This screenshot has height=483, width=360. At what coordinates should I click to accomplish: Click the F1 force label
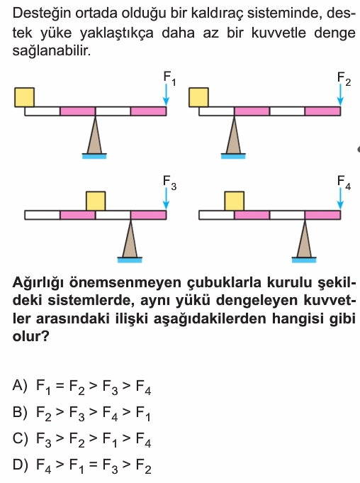pos(169,79)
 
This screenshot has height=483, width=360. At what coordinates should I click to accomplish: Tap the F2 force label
pos(344,79)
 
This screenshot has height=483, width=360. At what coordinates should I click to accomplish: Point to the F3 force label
pos(169,183)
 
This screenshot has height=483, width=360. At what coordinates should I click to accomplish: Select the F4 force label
pos(344,183)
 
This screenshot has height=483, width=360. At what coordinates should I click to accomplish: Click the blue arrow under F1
pos(166,95)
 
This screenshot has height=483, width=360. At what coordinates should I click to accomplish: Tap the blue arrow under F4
pos(340,199)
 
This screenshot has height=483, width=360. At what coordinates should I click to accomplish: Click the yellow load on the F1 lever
pos(25,97)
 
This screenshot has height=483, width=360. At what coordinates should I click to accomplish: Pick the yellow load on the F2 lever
pos(198,97)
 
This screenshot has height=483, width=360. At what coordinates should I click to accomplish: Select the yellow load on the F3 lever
pos(96,201)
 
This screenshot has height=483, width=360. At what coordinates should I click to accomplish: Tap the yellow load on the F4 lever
pos(235,201)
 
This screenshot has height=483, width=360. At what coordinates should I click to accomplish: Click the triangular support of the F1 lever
pos(95,135)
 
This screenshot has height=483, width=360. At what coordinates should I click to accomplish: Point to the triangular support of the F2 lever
pos(234,135)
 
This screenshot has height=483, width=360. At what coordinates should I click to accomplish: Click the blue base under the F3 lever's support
pos(130,260)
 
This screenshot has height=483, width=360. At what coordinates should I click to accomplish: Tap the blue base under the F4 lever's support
pos(304,260)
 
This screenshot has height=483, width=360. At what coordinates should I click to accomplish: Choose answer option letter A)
pos(20,385)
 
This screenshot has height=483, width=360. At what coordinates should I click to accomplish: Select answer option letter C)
pos(21,438)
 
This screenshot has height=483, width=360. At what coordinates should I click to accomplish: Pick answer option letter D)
pos(21,465)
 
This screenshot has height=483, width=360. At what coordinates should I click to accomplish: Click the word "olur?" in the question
pos(30,336)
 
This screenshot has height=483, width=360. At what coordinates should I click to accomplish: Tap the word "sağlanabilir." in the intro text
pos(52,51)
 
